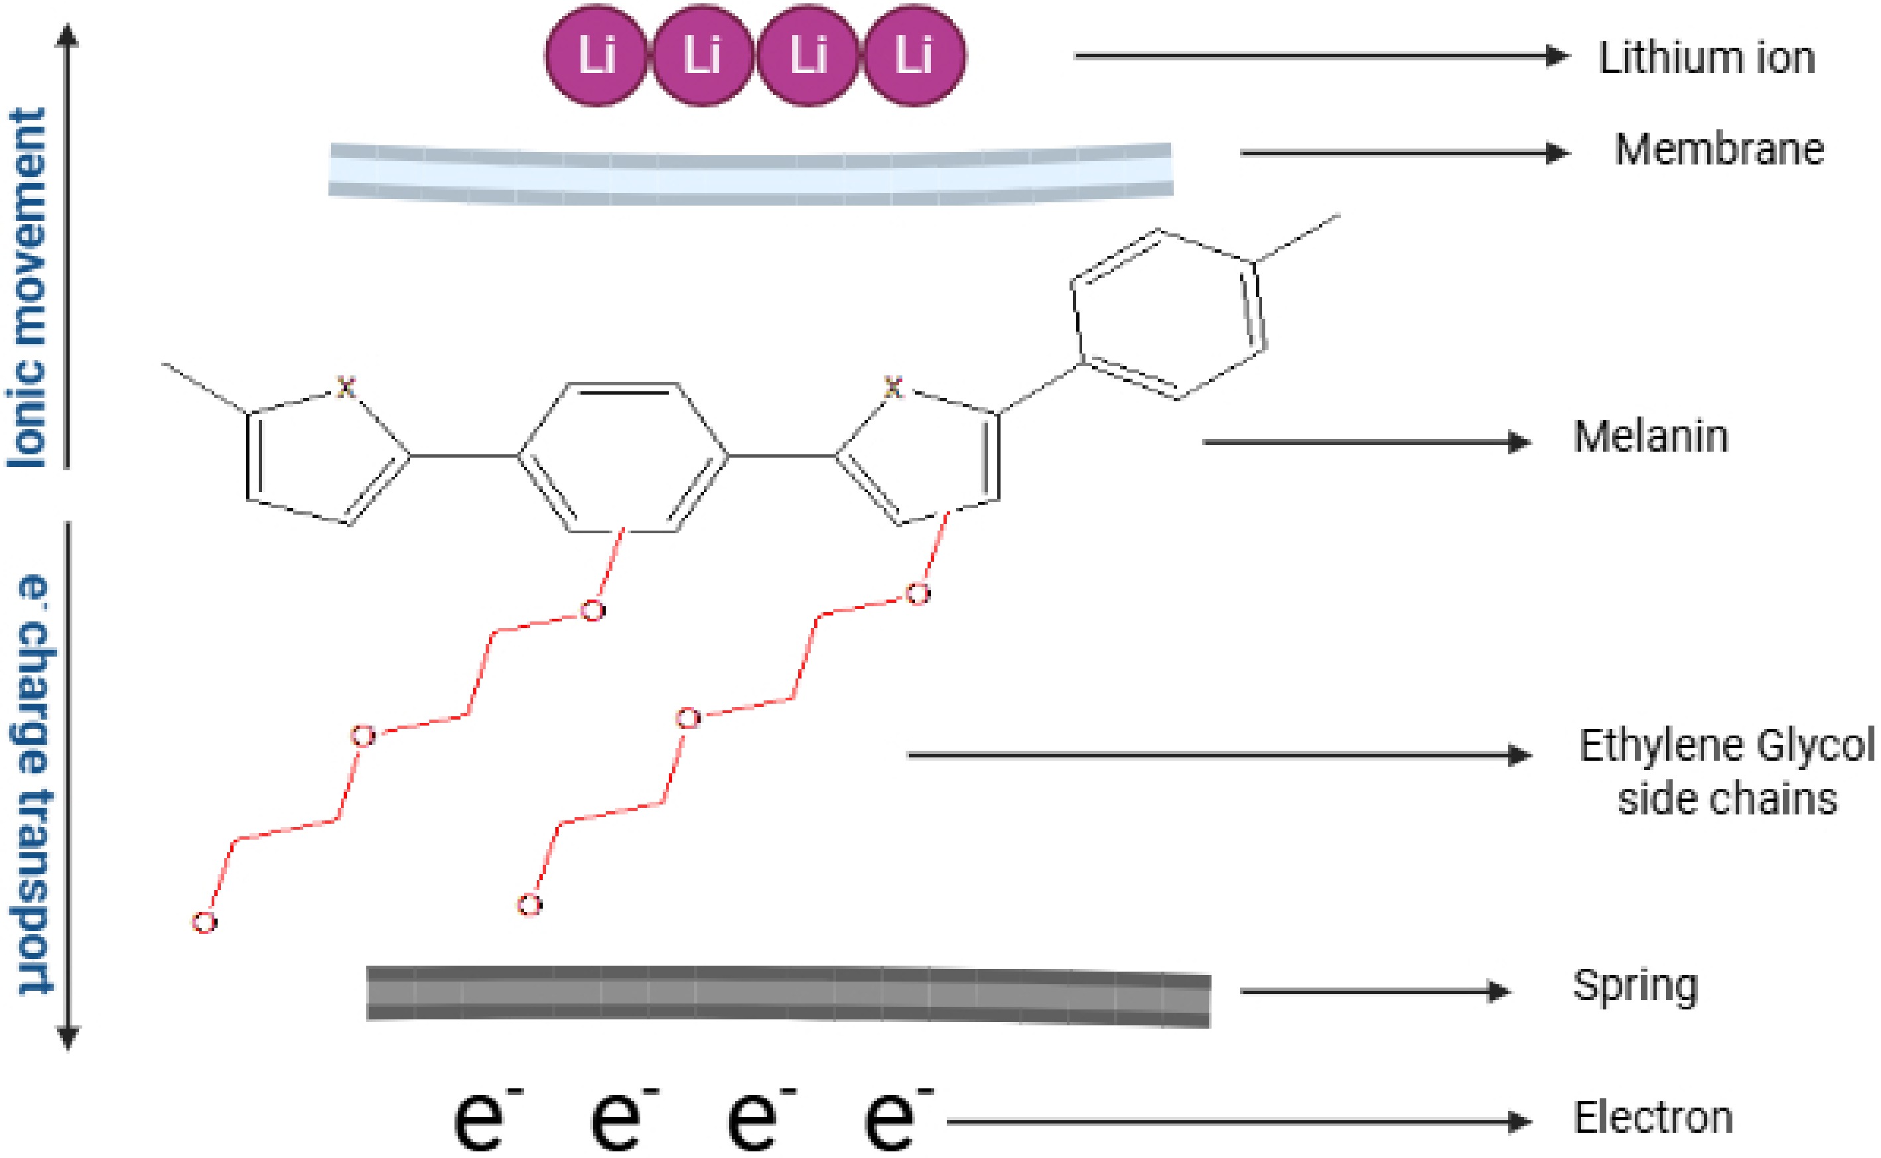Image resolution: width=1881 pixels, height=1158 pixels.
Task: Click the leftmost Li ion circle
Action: click(x=596, y=56)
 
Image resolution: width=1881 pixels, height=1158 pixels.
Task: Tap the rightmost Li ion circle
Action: click(x=914, y=56)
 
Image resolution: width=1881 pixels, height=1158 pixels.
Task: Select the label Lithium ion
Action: click(x=1707, y=58)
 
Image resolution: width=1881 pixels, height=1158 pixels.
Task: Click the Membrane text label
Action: click(x=1719, y=149)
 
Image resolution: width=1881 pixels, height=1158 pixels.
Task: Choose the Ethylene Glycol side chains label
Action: click(x=1727, y=772)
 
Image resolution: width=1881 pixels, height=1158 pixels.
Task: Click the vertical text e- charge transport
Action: click(x=34, y=785)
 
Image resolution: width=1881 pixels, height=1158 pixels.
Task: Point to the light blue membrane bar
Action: click(x=751, y=172)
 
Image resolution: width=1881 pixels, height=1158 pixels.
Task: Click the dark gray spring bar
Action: click(x=788, y=996)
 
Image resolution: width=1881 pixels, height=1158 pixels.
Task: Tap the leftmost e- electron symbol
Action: click(x=483, y=1118)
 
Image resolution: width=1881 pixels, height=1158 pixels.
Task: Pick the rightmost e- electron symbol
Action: click(x=895, y=1118)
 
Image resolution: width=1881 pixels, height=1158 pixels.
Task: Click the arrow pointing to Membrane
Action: click(x=1405, y=153)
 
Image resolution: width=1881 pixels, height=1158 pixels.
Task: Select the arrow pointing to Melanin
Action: click(x=1367, y=442)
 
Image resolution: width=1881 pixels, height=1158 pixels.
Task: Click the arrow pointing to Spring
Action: click(x=1375, y=991)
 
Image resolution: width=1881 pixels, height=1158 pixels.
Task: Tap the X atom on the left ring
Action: click(x=346, y=387)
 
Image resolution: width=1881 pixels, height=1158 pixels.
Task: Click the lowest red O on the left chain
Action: click(x=204, y=923)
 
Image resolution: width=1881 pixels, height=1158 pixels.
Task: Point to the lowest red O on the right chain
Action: click(x=529, y=905)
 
